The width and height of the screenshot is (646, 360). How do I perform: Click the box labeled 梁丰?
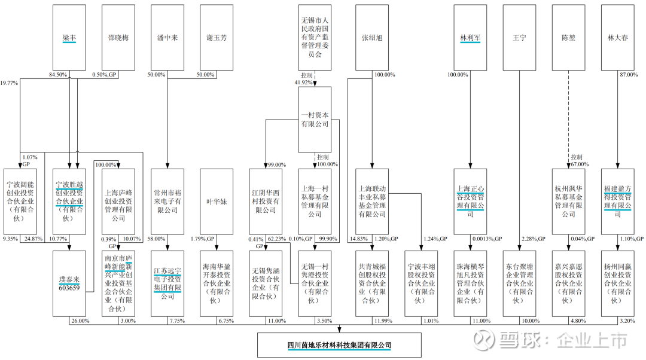pyautogui.click(x=69, y=37)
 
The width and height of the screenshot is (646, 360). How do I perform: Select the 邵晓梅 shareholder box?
pyautogui.click(x=118, y=37)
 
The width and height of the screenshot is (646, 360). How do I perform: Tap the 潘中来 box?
pyautogui.click(x=167, y=37)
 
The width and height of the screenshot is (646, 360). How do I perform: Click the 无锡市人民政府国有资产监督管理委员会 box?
pyautogui.click(x=315, y=37)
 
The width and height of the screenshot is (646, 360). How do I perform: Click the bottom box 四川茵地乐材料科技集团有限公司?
pyautogui.click(x=339, y=346)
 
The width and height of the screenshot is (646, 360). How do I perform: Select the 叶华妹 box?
pyautogui.click(x=217, y=202)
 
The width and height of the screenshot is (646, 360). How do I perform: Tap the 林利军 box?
pyautogui.click(x=471, y=37)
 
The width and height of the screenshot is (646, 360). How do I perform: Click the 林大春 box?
pyautogui.click(x=618, y=37)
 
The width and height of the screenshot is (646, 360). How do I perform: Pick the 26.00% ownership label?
pyautogui.click(x=80, y=321)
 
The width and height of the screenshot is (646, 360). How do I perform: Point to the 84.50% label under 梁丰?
pyautogui.click(x=57, y=75)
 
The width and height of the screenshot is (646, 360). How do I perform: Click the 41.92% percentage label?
pyautogui.click(x=303, y=83)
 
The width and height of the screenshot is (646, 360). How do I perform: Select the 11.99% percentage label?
pyautogui.click(x=382, y=321)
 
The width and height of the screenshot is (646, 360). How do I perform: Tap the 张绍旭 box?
pyautogui.click(x=372, y=37)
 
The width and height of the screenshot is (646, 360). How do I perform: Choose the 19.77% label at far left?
pyautogui.click(x=10, y=83)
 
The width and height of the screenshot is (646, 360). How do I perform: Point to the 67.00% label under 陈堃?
pyautogui.click(x=579, y=164)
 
